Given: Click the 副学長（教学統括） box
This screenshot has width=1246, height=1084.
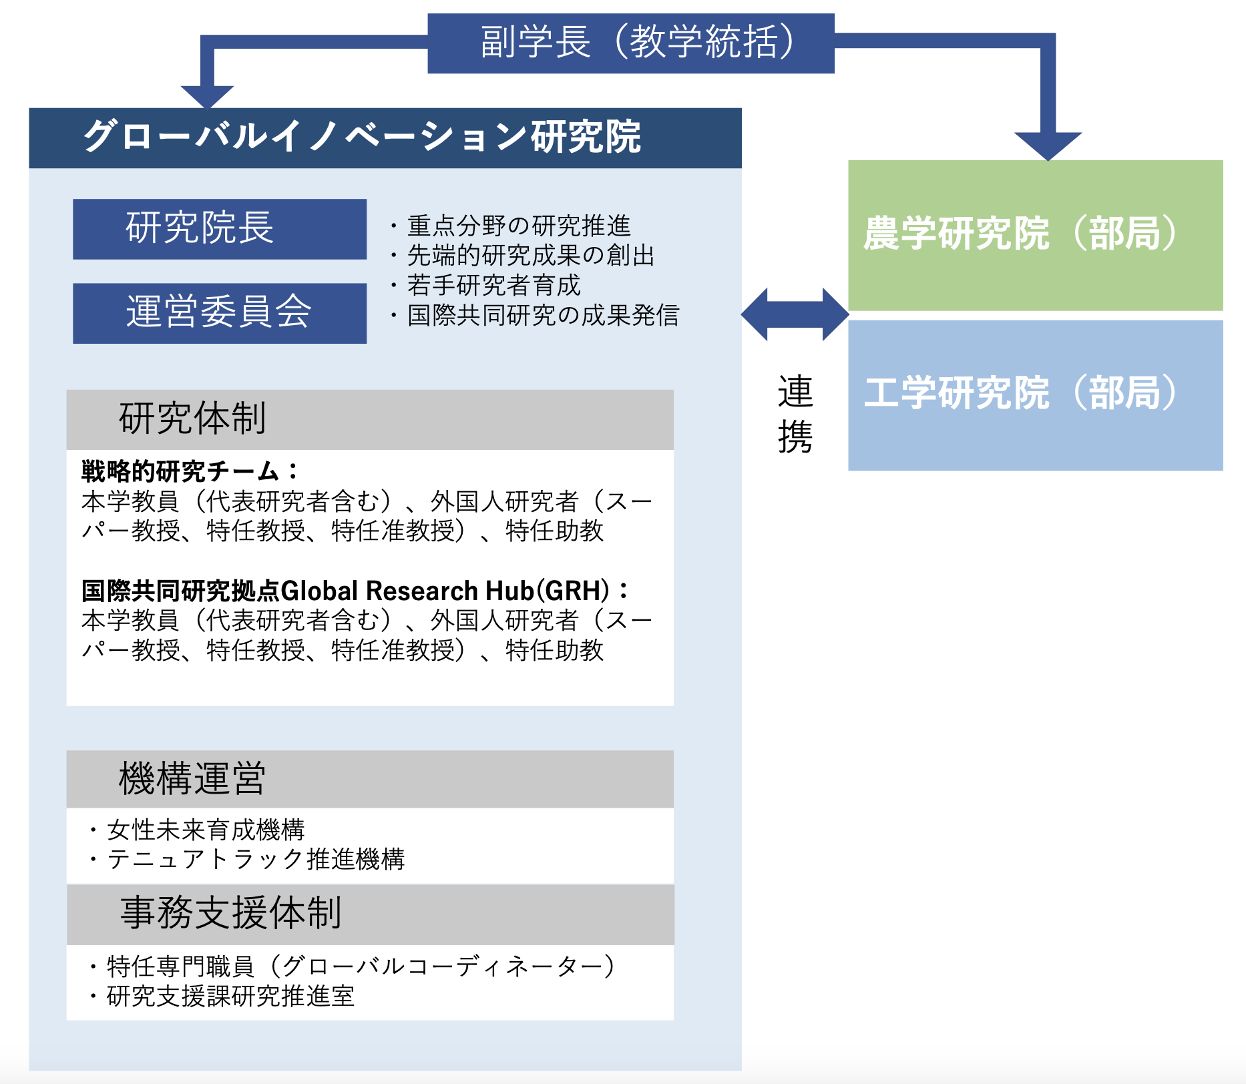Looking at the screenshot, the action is (x=631, y=43).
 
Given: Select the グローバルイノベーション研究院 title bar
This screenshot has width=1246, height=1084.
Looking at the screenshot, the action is (x=385, y=138).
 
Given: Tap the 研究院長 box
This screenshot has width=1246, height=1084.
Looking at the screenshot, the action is (x=220, y=229).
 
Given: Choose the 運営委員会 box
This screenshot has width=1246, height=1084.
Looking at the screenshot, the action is (x=220, y=313).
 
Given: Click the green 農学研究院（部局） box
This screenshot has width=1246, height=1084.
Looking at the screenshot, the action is (x=1036, y=235).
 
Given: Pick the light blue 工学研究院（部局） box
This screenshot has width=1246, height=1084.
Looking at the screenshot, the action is (x=1036, y=395).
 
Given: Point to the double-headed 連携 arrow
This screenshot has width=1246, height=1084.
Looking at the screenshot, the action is (x=795, y=314).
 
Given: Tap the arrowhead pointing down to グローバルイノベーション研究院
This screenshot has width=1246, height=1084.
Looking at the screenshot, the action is (x=207, y=97).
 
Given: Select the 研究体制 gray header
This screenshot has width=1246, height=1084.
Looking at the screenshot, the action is (x=370, y=419).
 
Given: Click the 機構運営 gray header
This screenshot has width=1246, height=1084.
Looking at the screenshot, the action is (x=370, y=779).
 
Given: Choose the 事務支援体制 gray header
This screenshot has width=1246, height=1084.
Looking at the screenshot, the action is (x=370, y=914).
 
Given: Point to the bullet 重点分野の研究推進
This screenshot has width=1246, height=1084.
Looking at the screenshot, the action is (x=510, y=226).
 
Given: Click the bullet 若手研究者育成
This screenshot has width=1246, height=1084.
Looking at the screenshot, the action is (x=485, y=285).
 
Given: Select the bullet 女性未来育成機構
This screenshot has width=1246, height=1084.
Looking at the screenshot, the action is (x=197, y=830).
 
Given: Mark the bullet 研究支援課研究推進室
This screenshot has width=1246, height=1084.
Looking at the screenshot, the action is (x=222, y=996).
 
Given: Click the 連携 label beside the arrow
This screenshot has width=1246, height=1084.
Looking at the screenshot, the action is (x=795, y=414).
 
